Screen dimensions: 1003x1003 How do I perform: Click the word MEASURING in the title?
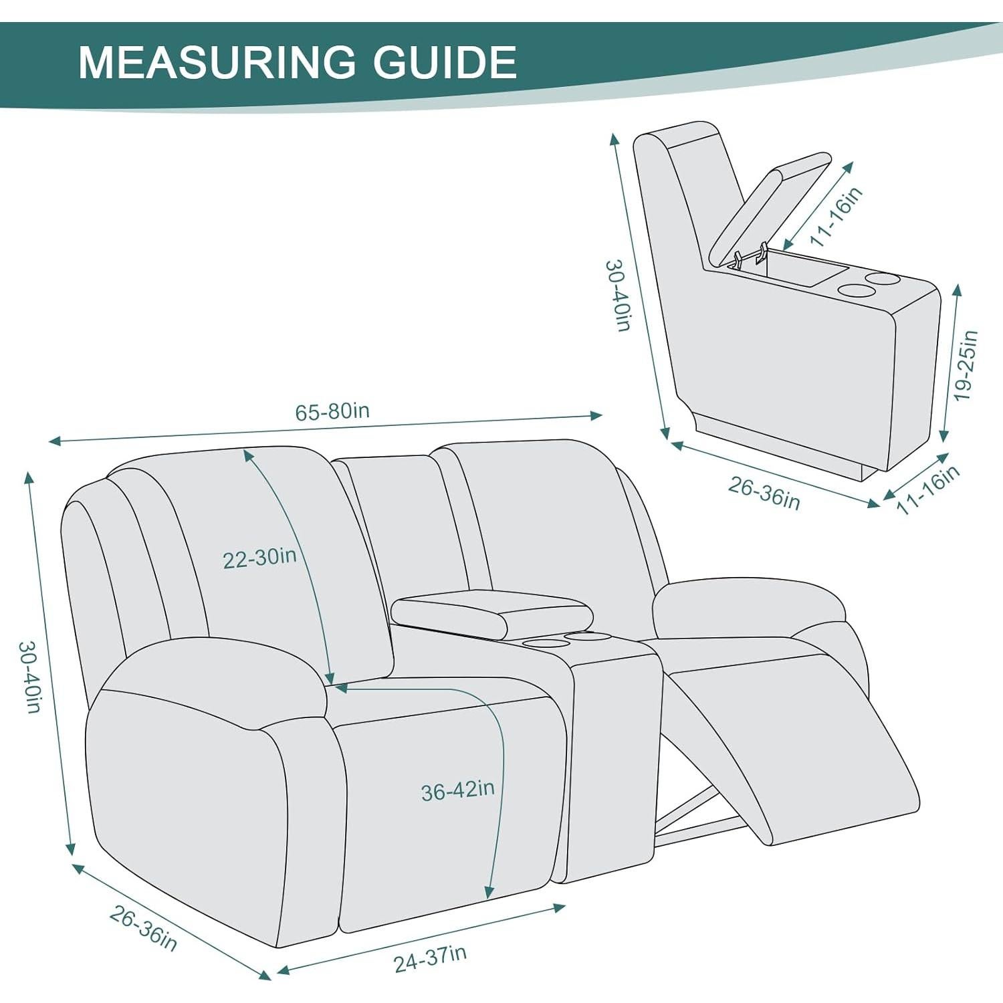tap(217, 62)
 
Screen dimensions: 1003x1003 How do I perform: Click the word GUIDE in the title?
tap(445, 62)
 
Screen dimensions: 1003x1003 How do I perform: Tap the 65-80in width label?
tap(332, 411)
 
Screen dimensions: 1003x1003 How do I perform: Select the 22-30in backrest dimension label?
tap(259, 558)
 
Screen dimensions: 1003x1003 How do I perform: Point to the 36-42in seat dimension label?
tap(457, 791)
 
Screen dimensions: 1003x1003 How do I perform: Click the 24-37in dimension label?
tap(430, 959)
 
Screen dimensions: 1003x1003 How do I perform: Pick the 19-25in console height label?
tap(965, 365)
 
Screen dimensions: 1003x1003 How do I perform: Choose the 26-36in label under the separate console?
tap(764, 493)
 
